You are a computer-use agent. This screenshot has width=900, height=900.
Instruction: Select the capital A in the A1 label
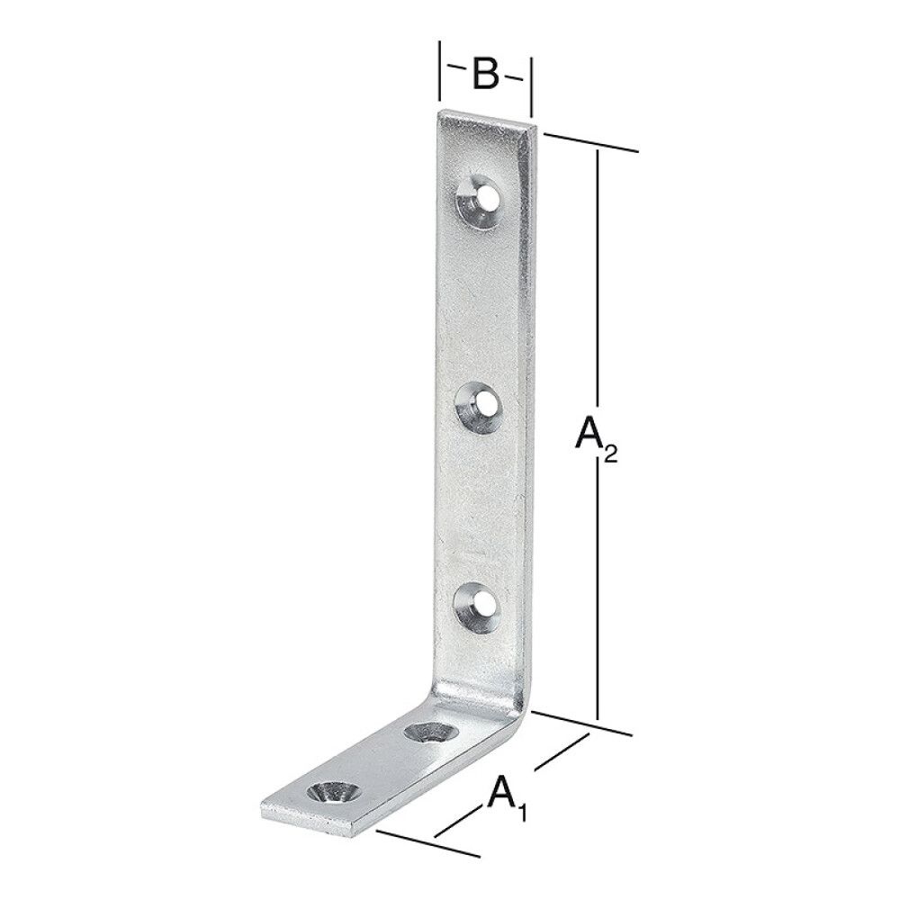502,795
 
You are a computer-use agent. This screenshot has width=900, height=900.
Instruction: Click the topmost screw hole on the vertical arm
477,197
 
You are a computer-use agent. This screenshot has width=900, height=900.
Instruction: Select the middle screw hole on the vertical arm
475,403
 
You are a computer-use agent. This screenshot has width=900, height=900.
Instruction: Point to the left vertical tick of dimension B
439,70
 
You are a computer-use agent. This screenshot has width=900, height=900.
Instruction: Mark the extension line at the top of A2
590,143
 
